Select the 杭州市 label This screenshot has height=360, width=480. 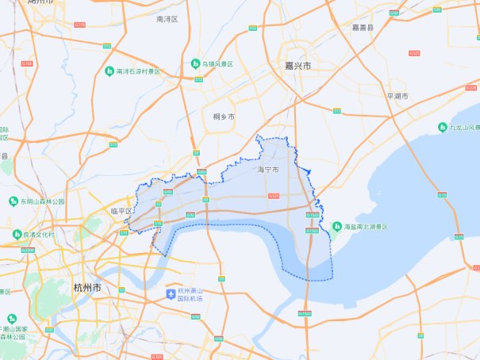coord(86,288)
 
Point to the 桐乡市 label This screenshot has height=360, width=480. coord(224,117)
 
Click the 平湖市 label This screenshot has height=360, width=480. coord(397,96)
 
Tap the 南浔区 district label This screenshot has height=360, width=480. coord(167,17)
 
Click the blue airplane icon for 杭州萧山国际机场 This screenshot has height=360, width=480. coord(170,295)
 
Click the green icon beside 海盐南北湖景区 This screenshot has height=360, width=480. coord(348,227)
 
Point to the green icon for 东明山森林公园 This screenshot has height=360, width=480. coord(13,201)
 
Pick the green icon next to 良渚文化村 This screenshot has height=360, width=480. coord(17,235)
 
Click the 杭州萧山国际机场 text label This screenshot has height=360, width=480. coord(190,295)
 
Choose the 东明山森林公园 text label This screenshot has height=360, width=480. coord(40,201)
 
